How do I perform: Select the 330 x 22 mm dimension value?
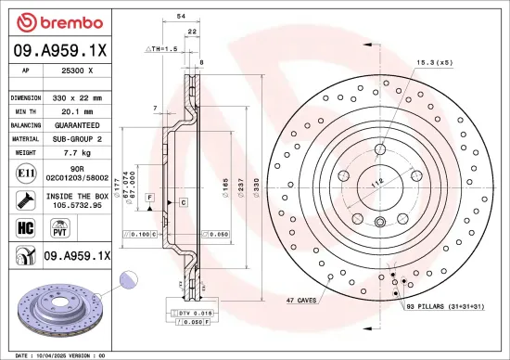click(x=78, y=97)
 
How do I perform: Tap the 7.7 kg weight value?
click(x=78, y=150)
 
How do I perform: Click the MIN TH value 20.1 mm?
click(x=78, y=110)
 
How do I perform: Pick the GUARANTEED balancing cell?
click(x=78, y=123)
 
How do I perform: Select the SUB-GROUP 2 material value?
click(x=78, y=136)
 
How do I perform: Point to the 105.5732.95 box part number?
click(x=78, y=205)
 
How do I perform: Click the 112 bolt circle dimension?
click(x=376, y=183)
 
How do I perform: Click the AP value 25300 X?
click(x=78, y=69)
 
